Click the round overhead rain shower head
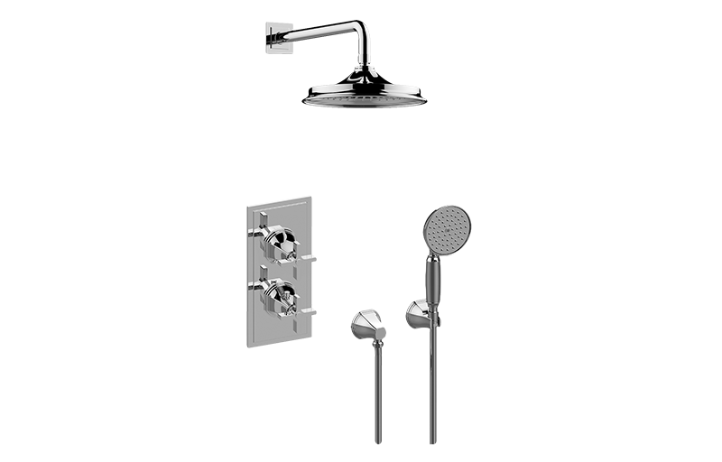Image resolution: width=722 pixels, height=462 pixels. (365, 97)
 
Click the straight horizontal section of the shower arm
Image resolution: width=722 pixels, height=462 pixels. (316, 32)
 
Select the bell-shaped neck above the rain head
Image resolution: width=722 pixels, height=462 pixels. (365, 76)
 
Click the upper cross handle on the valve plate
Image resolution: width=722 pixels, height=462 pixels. (281, 240)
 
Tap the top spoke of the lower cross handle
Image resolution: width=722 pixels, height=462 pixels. (263, 272)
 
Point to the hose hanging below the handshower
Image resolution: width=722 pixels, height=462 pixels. (433, 388)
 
